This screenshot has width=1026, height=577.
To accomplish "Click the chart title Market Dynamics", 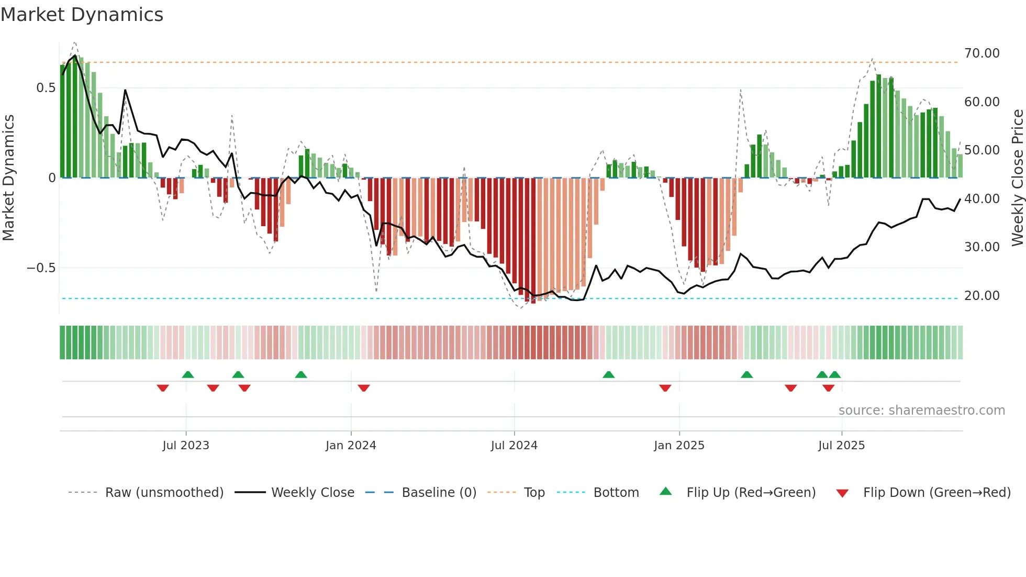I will tap(82, 15).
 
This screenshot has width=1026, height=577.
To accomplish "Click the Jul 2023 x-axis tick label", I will tap(185, 446).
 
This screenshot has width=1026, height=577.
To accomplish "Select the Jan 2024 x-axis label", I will tap(351, 446).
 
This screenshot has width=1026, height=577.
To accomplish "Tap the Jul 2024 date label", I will tap(514, 446).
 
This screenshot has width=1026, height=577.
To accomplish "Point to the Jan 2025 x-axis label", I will tap(679, 446).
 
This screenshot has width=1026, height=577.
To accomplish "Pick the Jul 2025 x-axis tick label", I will tap(841, 446).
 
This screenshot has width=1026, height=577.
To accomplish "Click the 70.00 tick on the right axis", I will tap(982, 53).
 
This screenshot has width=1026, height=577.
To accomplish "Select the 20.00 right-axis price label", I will tap(982, 296).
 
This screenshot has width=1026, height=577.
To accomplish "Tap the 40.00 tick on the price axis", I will tap(982, 199).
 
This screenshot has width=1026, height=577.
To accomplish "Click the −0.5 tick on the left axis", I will tap(41, 268).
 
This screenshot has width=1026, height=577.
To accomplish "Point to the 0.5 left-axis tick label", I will tap(46, 88).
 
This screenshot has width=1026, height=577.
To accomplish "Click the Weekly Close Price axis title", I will tap(1017, 177).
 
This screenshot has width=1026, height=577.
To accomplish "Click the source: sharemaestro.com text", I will tap(921, 410).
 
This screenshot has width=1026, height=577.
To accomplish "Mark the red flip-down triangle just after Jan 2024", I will tap(364, 388).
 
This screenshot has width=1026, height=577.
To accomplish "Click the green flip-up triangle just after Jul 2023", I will tap(188, 374).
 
